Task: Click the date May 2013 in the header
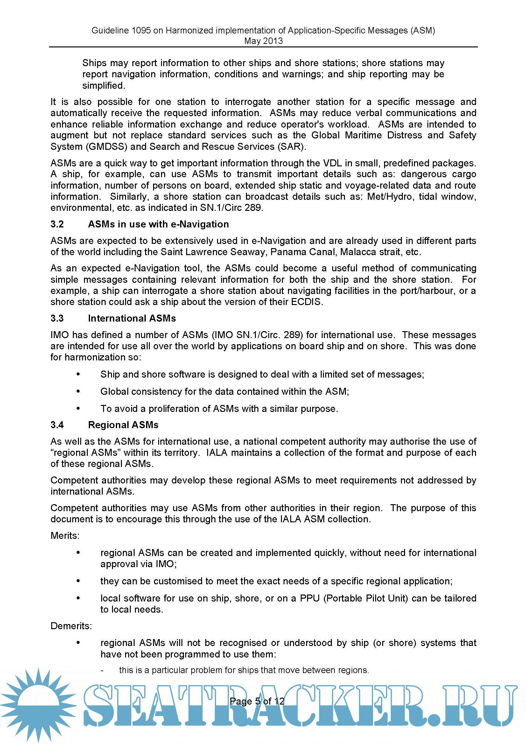pos(263,41)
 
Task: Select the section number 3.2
pos(57,224)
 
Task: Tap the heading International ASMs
pos(132,318)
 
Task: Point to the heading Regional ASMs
pos(123,425)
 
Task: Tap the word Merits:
pos(65,536)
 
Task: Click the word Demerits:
pos(71,626)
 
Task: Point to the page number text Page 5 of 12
pos(257,701)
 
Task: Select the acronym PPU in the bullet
pos(310,598)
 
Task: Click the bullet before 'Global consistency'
pos(78,392)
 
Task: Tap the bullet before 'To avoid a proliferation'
pos(78,409)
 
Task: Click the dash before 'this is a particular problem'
pos(102,670)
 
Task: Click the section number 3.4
pos(57,425)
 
